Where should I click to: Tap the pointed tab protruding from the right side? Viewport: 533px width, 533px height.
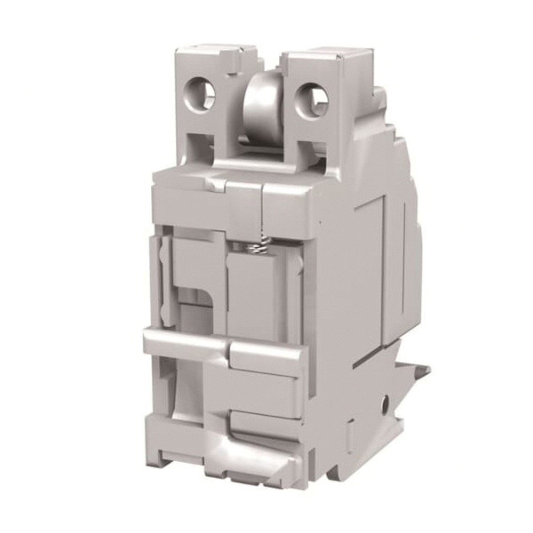(x=421, y=370)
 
